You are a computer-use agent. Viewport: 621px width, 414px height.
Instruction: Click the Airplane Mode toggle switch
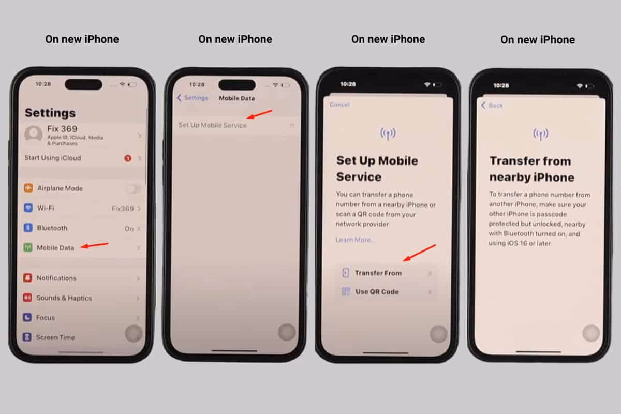133,188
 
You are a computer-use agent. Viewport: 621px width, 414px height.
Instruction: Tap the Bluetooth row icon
28,228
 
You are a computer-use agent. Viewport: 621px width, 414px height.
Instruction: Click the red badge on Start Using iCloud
128,158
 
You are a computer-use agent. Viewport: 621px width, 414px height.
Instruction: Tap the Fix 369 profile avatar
34,135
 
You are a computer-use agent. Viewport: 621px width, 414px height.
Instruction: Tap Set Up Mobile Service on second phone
213,125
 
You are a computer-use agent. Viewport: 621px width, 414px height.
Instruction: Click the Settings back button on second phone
193,98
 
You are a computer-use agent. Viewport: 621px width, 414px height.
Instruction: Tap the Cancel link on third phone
339,105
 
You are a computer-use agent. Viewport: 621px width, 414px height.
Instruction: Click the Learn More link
355,240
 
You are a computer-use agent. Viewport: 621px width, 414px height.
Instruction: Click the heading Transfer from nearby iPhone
531,169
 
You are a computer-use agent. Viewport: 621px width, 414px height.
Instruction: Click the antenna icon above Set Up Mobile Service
388,134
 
